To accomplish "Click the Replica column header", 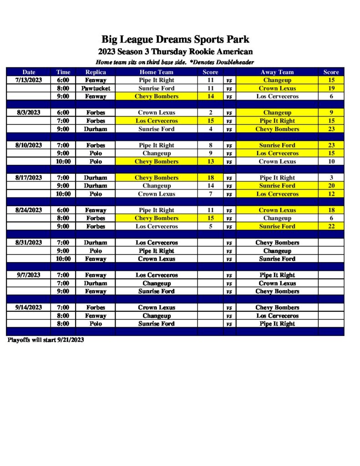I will click(x=96, y=72).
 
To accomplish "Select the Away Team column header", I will click(x=277, y=72).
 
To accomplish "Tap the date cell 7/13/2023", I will click(x=29, y=80).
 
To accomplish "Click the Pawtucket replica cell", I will click(x=96, y=88).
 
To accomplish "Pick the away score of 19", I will click(x=331, y=88).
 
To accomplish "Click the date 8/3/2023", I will click(x=29, y=112).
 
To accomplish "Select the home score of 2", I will click(x=210, y=112).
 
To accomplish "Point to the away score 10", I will click(x=331, y=162).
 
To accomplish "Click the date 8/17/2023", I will click(x=29, y=177).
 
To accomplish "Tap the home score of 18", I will click(x=210, y=177).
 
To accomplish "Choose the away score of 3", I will click(x=331, y=177).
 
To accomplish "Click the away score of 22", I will click(x=331, y=226).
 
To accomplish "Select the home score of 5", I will click(x=210, y=226).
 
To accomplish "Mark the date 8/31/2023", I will click(x=29, y=243).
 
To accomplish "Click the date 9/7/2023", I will click(x=29, y=275).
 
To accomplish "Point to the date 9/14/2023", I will click(x=29, y=307).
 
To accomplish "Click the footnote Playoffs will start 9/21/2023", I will click(x=46, y=340).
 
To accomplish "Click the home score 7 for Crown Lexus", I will click(x=210, y=194).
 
